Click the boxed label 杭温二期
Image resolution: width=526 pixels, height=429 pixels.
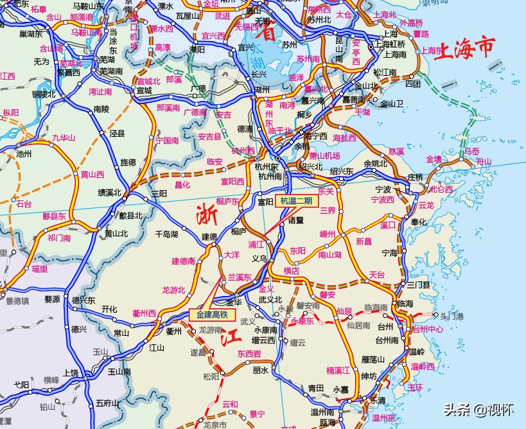click(296, 201)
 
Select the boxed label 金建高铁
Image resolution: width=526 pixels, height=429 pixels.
click(213, 315)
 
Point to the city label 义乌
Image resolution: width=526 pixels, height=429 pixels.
click(259, 258)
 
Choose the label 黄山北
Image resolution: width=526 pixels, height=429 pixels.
click(116, 234)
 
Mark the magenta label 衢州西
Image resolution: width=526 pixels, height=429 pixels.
click(144, 313)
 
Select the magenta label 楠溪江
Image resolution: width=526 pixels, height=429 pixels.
click(338, 370)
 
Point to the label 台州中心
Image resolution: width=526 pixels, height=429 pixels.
click(427, 329)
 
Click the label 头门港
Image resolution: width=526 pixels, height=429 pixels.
click(451, 316)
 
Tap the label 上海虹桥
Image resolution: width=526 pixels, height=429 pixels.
click(390, 44)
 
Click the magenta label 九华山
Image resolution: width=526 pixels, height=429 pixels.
click(64, 137)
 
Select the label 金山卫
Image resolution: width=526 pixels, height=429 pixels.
click(391, 103)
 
